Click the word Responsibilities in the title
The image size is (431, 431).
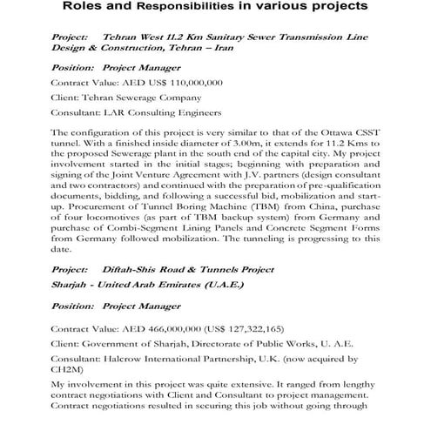point(220,9)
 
